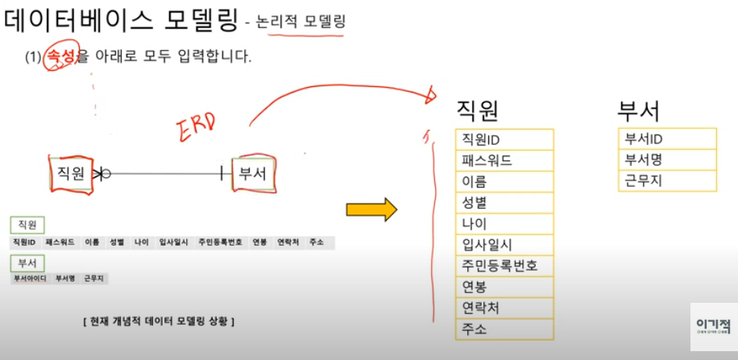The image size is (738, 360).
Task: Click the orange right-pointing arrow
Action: (371, 209)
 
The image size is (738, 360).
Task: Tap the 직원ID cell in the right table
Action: (504, 139)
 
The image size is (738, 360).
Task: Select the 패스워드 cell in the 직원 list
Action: (504, 160)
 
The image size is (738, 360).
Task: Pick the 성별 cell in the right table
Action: (504, 202)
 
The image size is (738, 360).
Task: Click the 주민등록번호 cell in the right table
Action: (504, 265)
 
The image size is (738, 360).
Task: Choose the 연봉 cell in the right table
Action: (504, 287)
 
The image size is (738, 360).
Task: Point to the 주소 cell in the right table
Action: (504, 329)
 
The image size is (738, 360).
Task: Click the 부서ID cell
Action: (666, 139)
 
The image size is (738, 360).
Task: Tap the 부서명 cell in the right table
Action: (666, 159)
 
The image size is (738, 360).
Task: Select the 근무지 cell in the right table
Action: (666, 180)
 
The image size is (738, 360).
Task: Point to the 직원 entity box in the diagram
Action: (71, 172)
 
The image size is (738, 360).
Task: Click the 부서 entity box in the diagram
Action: (254, 172)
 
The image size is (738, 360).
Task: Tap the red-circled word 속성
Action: (61, 57)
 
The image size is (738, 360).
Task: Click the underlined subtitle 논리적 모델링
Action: (301, 23)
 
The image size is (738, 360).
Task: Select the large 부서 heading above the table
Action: (638, 110)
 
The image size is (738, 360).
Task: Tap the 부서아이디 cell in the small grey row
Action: (29, 279)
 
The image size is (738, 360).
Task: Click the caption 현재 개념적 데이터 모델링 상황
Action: (159, 321)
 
